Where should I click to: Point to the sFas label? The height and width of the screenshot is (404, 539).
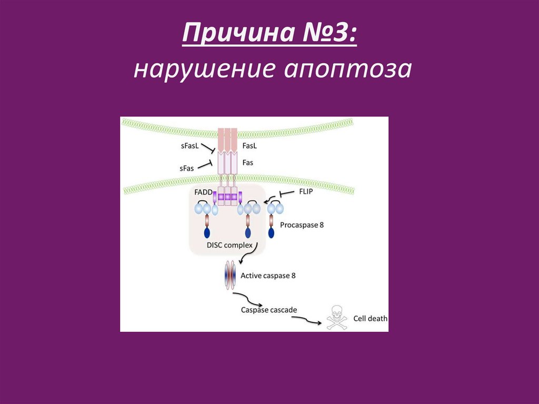pos(187,167)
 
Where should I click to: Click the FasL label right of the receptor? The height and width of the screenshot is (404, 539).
pos(249,145)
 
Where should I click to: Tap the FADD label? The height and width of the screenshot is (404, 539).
pos(203,193)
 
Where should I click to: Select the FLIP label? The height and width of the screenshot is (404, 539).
pos(305,192)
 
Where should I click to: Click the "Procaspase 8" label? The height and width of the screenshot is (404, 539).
pos(302,224)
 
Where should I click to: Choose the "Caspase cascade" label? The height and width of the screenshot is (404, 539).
pos(269,310)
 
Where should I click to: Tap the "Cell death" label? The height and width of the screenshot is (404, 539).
pos(371,318)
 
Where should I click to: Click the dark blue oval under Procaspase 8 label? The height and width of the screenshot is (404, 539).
pos(272,231)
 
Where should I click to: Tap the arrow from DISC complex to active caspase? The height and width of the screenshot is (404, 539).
pos(248,255)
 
